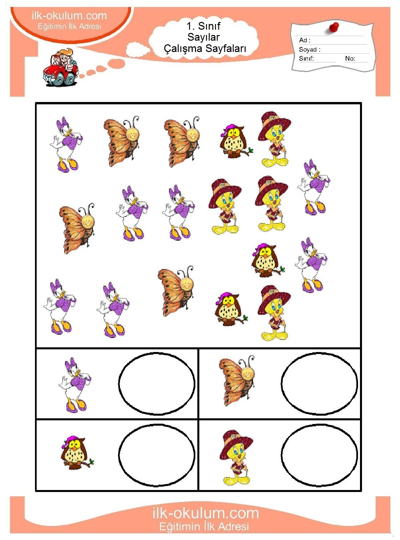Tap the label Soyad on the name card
pos(308,49)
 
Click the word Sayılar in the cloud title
pos(204,37)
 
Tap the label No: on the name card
pos(350,58)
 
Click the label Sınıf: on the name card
pos(306,58)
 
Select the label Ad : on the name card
pos(305,40)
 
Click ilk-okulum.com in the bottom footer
pos(205,513)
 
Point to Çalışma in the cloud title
pos(183,49)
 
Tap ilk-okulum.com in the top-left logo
pos(69,16)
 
